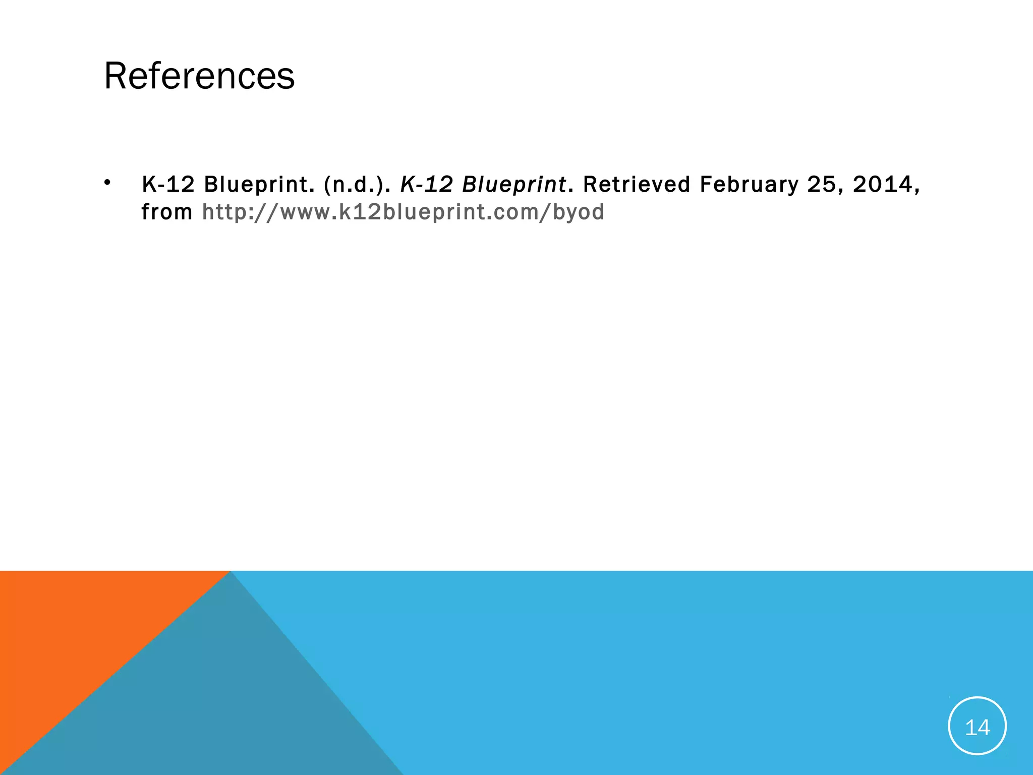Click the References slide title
tap(199, 76)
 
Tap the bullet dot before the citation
tap(107, 182)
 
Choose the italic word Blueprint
tap(514, 185)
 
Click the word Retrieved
tap(637, 185)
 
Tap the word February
tap(749, 185)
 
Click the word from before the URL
tap(166, 212)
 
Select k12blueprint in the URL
tap(421, 212)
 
